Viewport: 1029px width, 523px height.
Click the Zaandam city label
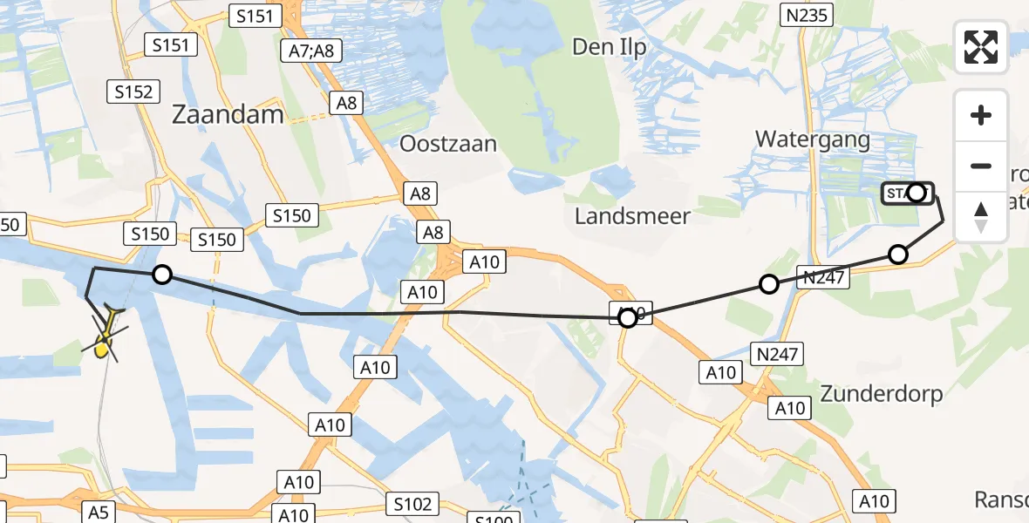(x=228, y=114)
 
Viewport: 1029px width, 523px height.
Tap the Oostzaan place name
(x=448, y=143)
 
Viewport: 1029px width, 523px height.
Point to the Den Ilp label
(x=610, y=47)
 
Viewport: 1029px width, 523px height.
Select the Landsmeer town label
(x=632, y=215)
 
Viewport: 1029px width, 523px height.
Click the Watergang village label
(x=813, y=139)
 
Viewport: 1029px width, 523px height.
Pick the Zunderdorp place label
(x=882, y=393)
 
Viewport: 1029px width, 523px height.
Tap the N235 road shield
(x=807, y=14)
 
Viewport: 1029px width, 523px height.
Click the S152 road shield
(x=133, y=92)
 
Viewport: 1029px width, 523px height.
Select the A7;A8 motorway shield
(x=311, y=51)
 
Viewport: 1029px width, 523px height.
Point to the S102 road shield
(x=412, y=504)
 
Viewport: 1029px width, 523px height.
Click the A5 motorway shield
(x=98, y=512)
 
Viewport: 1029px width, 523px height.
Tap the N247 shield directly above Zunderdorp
(x=777, y=353)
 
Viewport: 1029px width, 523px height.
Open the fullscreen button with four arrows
(x=981, y=46)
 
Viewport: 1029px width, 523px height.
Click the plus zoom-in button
(x=981, y=115)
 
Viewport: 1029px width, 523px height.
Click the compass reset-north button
(x=981, y=216)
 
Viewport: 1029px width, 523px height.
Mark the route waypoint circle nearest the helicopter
(x=161, y=275)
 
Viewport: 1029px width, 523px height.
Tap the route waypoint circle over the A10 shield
(x=628, y=318)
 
